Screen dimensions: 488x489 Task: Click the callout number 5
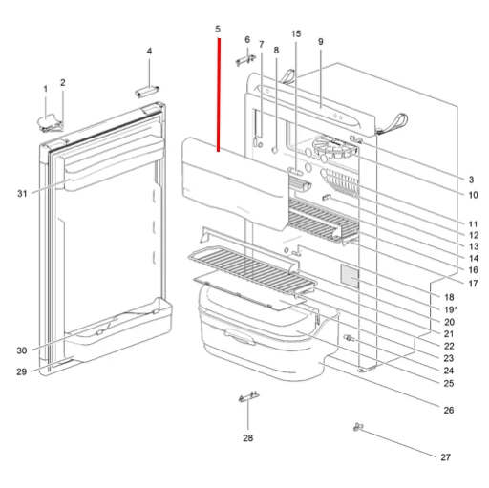tap(218, 30)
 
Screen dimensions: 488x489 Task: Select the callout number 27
tap(445, 457)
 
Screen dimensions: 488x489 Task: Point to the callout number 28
tap(248, 440)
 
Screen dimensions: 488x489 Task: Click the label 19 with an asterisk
tap(451, 310)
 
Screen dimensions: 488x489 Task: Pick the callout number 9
tap(321, 42)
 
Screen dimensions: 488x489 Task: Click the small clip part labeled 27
tap(361, 428)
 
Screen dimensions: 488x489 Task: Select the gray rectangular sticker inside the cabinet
tap(351, 278)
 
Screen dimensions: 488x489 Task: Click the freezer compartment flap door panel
tap(231, 178)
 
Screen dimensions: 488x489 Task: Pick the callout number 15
tap(296, 34)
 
